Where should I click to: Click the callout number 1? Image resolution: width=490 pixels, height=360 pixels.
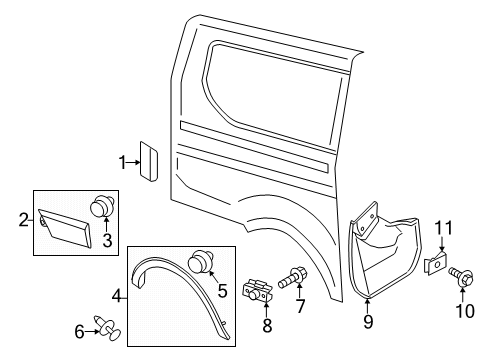123,162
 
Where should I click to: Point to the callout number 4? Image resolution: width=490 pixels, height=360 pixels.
117,295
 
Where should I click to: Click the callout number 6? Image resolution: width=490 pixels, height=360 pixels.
81,331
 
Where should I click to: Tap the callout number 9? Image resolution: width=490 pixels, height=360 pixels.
367,321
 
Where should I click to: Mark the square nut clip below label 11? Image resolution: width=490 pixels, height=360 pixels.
437,264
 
